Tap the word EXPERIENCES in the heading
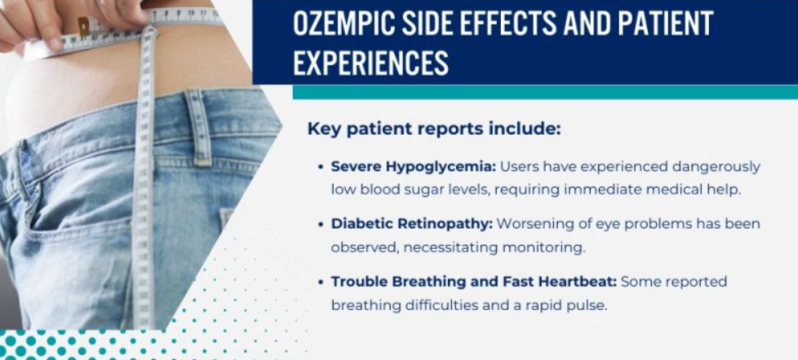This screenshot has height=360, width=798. [x=370, y=63]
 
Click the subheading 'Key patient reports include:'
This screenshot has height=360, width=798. [x=433, y=129]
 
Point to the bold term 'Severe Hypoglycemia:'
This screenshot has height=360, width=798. [x=413, y=167]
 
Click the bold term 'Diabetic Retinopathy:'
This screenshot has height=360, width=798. [x=412, y=223]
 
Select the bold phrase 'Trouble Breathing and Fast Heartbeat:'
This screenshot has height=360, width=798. [x=474, y=282]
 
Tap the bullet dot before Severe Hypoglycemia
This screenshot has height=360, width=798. [x=321, y=167]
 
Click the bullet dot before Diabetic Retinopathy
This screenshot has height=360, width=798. [x=321, y=224]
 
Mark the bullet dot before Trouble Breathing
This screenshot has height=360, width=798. [x=321, y=282]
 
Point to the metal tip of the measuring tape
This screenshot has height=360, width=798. [x=83, y=27]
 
